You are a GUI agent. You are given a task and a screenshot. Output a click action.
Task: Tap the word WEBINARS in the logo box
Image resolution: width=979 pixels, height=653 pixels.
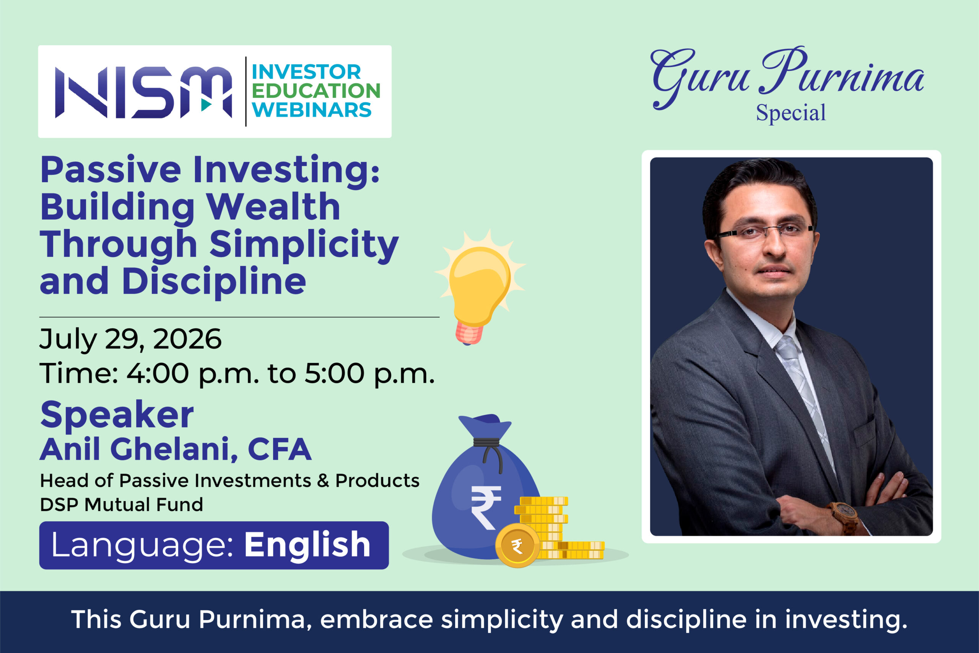coord(312,110)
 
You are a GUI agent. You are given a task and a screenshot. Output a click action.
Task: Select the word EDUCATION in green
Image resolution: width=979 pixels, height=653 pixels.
coord(316,91)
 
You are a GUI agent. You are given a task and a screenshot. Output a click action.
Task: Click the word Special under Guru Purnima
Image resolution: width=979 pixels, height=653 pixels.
coord(790,113)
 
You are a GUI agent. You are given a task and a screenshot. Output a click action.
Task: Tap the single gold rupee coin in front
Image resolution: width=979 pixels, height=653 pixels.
coord(517,545)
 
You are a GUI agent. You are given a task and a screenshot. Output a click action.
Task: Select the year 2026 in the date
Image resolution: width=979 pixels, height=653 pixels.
coord(187,339)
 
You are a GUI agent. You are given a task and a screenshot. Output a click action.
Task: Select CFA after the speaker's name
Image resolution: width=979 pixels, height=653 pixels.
coord(280,449)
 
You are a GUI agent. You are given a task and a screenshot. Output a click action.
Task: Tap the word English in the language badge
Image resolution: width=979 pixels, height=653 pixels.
coord(307,545)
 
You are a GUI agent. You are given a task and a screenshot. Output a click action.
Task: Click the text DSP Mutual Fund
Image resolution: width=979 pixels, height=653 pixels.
coord(122,505)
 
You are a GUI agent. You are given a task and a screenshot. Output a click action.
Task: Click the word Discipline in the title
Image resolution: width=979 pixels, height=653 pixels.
coord(214,282)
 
